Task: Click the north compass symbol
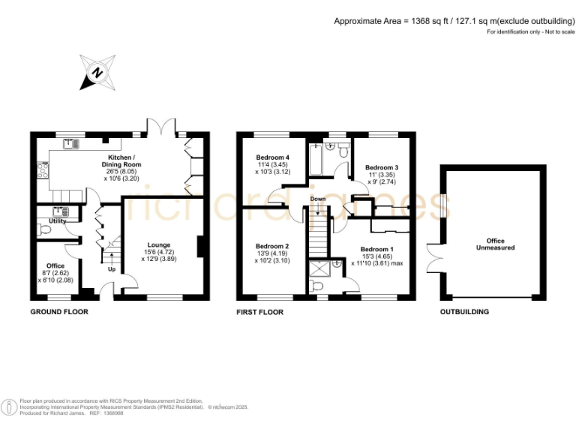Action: (97, 71)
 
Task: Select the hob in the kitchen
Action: (43, 169)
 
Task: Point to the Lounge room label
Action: (159, 244)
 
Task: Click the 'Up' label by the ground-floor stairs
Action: (112, 268)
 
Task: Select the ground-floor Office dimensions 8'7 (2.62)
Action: (54, 273)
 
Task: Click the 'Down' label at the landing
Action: (317, 199)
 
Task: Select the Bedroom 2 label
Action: (271, 246)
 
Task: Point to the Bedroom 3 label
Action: (381, 167)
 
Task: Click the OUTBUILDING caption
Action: (464, 311)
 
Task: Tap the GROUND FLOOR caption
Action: (59, 311)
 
